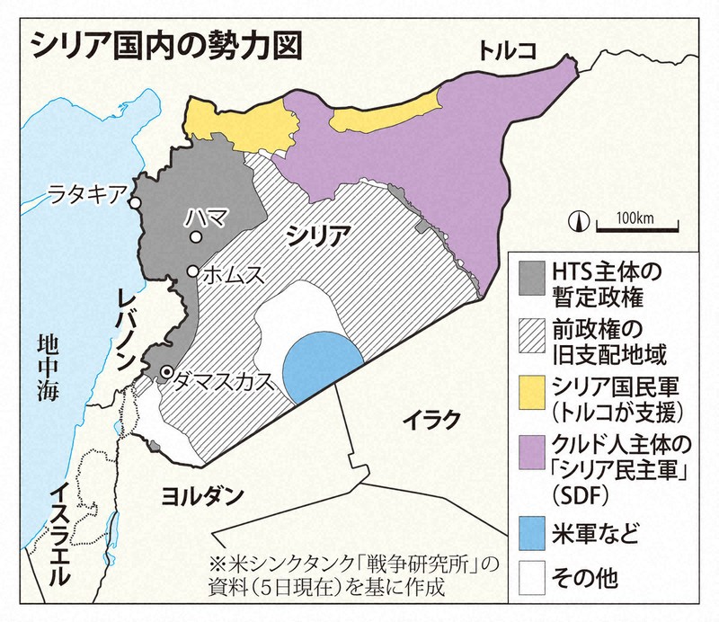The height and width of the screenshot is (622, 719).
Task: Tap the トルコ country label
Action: coord(508,51)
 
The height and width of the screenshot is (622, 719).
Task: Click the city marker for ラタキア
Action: coord(135,202)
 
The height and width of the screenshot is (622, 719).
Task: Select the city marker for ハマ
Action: coord(196,237)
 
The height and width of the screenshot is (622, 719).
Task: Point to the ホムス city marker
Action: coord(192,271)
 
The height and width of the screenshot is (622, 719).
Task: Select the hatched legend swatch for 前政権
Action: coord(532,335)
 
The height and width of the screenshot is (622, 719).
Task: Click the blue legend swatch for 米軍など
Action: coord(532,529)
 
